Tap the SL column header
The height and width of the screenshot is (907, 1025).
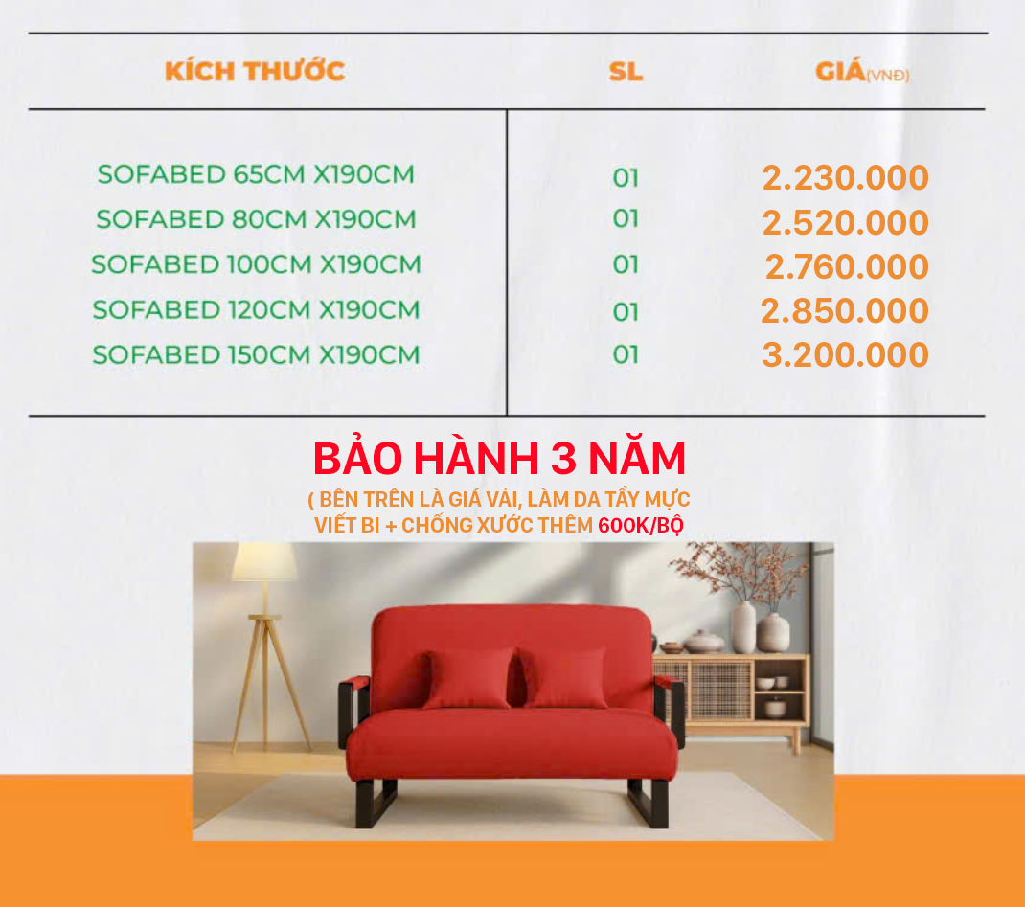point(626,71)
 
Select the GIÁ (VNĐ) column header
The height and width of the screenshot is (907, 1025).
point(862,70)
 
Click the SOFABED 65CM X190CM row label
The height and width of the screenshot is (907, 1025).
point(256,174)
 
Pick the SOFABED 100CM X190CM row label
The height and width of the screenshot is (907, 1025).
point(256,264)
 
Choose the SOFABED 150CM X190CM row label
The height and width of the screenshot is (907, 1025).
point(256,354)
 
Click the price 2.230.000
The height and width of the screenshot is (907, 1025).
point(845,178)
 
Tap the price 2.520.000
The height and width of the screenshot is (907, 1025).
point(845,222)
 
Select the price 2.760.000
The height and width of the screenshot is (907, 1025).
point(847,266)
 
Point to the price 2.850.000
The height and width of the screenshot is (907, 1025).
point(845,310)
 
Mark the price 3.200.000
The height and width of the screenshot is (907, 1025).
point(845,354)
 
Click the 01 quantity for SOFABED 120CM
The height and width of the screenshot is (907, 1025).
point(626,312)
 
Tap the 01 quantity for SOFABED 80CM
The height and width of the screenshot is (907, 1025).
point(626,219)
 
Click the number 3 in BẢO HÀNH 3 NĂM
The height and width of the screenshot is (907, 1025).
point(563,458)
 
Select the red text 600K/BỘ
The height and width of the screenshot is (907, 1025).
point(641,526)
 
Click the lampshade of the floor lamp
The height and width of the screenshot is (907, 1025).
point(264,561)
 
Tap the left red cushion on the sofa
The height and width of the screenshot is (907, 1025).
point(468,678)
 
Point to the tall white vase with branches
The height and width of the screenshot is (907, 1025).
point(743,627)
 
